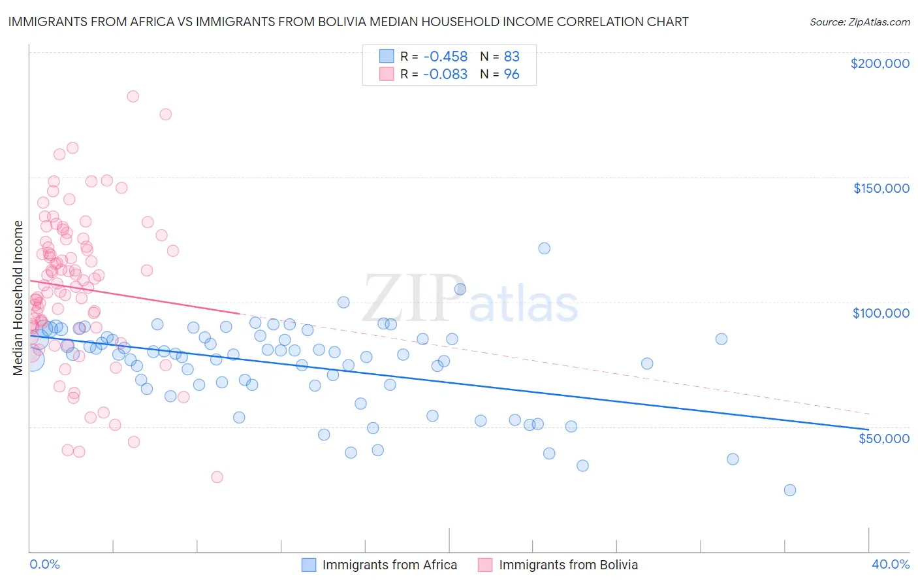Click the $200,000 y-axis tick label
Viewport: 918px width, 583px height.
[x=879, y=63]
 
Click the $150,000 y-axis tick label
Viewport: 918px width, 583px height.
[x=881, y=188]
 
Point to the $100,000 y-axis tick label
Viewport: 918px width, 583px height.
[x=881, y=313]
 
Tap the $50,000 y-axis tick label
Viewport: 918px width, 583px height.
[x=883, y=438]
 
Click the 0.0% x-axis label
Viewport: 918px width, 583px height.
[x=44, y=564]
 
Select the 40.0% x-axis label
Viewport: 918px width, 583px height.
[x=891, y=564]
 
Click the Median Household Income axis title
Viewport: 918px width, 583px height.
[x=18, y=298]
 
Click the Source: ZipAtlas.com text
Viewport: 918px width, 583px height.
[x=859, y=22]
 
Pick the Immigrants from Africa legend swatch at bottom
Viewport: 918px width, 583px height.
[x=309, y=565]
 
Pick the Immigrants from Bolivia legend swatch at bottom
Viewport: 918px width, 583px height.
[x=485, y=565]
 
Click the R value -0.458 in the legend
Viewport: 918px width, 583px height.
[x=445, y=57]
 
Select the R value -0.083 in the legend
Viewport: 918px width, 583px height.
[x=445, y=75]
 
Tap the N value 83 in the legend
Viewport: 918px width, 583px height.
[x=511, y=57]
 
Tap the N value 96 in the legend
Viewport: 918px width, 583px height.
[x=511, y=75]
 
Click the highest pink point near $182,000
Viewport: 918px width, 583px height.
[x=133, y=96]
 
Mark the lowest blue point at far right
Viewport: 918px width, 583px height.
[x=789, y=490]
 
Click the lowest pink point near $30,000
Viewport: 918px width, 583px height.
[x=217, y=477]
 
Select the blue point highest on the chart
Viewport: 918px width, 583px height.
[x=544, y=248]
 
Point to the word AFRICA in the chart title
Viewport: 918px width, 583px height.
[x=151, y=22]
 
